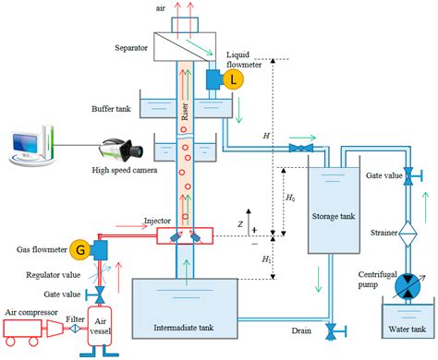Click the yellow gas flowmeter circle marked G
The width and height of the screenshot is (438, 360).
click(82, 249)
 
